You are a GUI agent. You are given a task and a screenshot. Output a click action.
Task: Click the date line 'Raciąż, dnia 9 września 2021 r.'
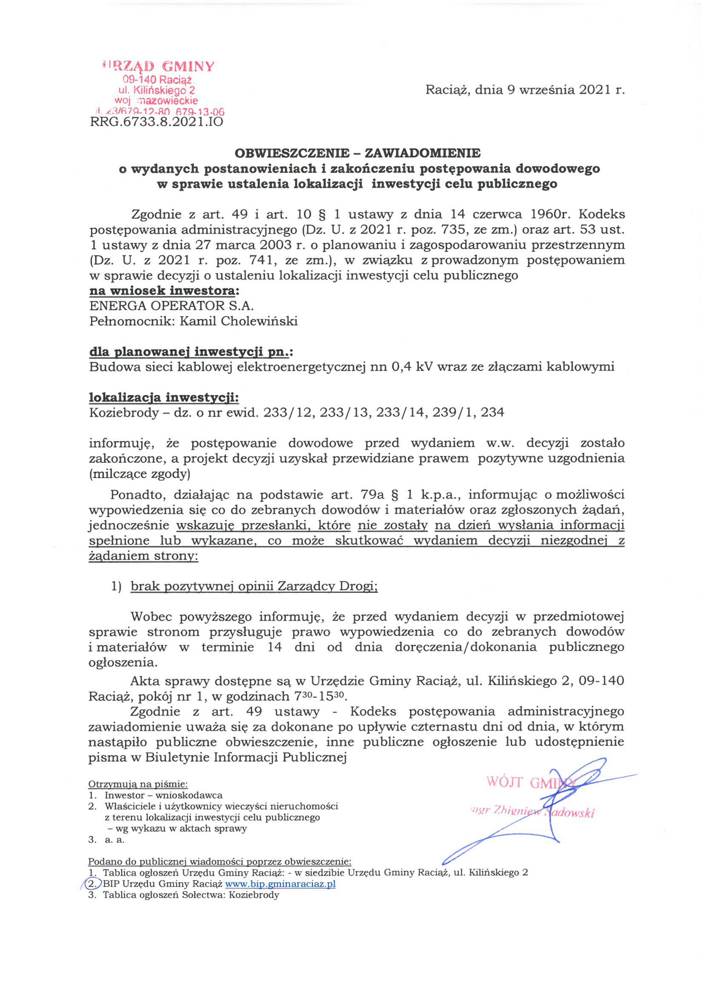pos(525,90)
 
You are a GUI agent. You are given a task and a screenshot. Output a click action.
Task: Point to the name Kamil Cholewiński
pos(238,321)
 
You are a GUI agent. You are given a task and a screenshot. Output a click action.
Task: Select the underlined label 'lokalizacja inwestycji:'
pos(164,397)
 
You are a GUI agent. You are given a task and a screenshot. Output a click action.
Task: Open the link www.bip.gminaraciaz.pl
pos(280,884)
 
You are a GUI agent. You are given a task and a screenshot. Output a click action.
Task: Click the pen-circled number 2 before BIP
pos(92,884)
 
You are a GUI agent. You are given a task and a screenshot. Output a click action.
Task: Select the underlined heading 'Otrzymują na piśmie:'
pos(138,784)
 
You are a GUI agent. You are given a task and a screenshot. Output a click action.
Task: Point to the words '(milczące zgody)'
pos(140,474)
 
